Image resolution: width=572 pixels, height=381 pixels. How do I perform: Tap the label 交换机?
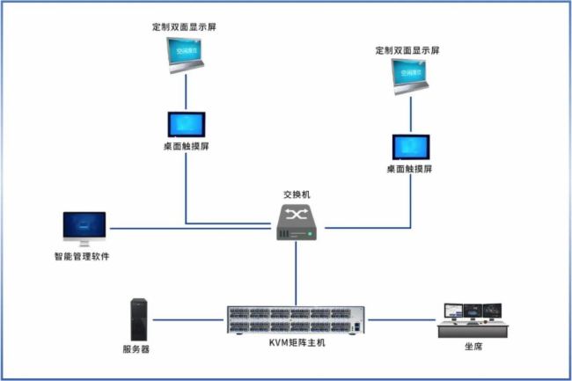point(297,194)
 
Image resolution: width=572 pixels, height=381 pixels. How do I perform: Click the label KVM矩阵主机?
point(297,342)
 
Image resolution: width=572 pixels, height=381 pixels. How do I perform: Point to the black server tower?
point(138,319)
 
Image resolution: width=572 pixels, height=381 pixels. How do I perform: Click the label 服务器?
point(136,349)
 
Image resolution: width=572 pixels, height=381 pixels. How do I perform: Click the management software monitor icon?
point(84,228)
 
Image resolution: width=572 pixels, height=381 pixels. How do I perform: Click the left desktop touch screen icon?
point(186,123)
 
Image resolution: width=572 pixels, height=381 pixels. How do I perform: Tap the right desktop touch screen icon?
point(411,146)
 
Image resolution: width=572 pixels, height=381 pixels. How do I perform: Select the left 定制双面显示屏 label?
point(184,27)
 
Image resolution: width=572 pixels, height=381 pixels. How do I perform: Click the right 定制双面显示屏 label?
point(407,50)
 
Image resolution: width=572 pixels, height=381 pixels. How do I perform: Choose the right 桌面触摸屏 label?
point(409,169)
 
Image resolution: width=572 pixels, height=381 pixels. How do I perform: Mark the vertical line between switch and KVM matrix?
point(297,273)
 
